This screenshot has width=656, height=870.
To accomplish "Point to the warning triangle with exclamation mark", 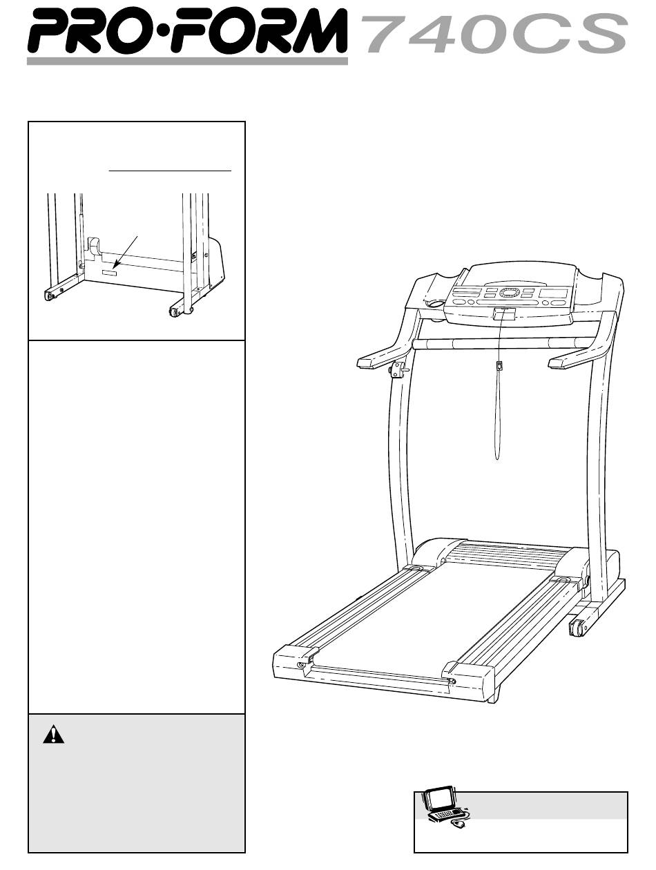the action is pyautogui.click(x=53, y=734).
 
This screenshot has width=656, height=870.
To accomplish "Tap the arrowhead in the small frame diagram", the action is pyautogui.click(x=115, y=264).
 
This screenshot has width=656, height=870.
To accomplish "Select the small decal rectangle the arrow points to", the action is pyautogui.click(x=109, y=273).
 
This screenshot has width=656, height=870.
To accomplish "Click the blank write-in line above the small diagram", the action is pyautogui.click(x=170, y=171).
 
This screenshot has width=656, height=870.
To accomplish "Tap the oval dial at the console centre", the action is pyautogui.click(x=509, y=293).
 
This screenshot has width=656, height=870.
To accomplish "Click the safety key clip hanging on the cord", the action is pyautogui.click(x=499, y=365).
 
